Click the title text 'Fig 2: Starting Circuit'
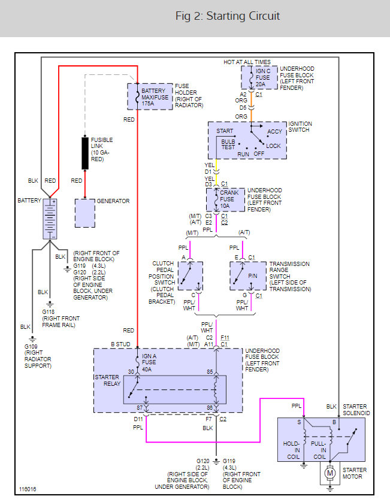point(227,16)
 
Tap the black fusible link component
point(85,153)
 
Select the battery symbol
point(50,219)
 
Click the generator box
point(85,213)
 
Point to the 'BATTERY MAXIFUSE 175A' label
point(155,97)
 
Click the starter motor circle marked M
point(330,473)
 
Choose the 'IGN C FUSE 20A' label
point(263,77)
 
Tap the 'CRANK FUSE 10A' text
point(229,199)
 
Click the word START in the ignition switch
point(225,131)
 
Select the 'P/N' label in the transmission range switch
point(253,276)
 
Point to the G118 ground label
point(49,312)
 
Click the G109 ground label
point(31,346)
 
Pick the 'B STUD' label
point(120,344)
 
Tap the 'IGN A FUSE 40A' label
point(149,363)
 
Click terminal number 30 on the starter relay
point(131,371)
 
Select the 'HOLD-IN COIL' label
point(291,450)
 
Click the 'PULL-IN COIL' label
point(318,450)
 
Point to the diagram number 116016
point(28,489)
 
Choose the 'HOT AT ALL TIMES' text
point(247,62)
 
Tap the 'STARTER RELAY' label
point(108,380)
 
